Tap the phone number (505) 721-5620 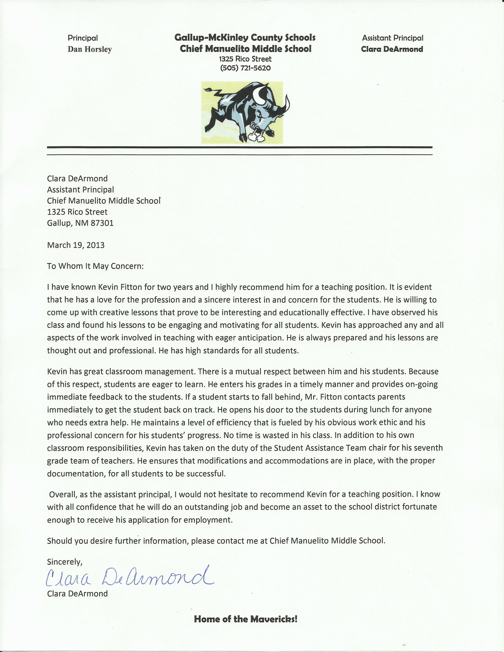pos(245,68)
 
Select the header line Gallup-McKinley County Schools pos(245,38)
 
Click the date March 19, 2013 pos(76,245)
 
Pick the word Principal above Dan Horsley pos(83,38)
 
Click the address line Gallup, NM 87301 pos(80,223)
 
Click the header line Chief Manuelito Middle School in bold pos(245,49)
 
